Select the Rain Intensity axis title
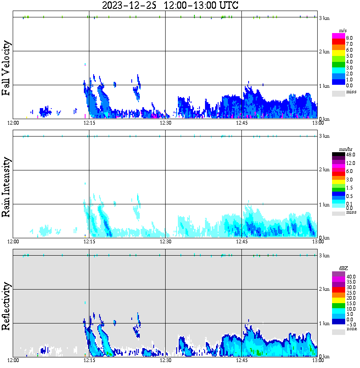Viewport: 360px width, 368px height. point(6,187)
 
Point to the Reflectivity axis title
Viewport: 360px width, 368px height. point(6,306)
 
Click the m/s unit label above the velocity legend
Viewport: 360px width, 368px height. point(343,31)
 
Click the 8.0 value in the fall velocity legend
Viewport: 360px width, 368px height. point(349,38)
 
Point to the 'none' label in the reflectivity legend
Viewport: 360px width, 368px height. point(351,329)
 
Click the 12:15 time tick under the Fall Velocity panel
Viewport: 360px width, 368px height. point(89,123)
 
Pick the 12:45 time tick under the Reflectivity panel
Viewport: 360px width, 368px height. point(241,360)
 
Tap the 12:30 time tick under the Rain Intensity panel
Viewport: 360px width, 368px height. point(165,242)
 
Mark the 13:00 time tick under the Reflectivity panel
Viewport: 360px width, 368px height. point(318,360)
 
